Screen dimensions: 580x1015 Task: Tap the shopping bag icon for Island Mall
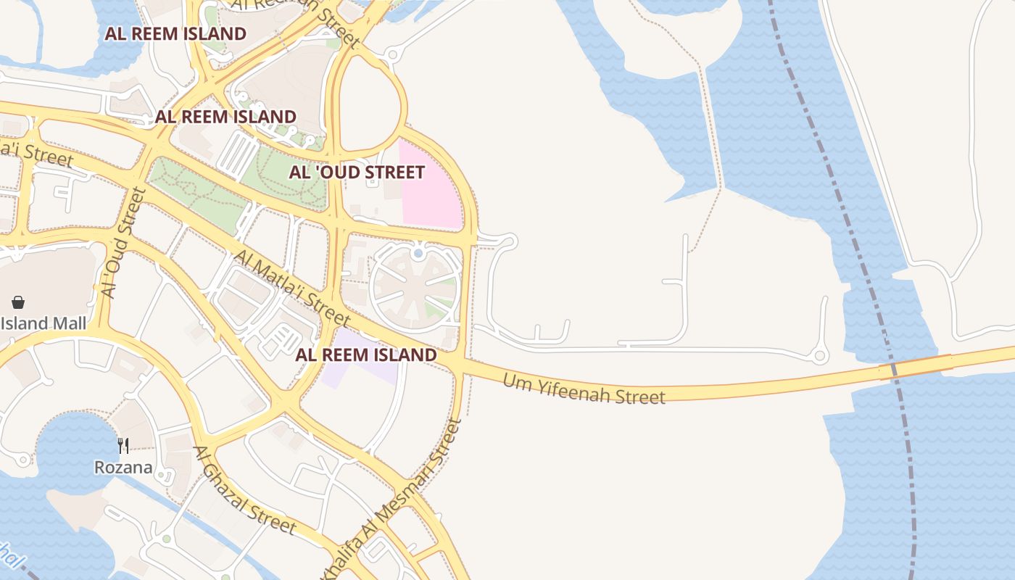click(x=18, y=302)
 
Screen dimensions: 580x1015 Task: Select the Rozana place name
click(x=123, y=468)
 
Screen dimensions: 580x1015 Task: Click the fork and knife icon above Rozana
click(x=124, y=445)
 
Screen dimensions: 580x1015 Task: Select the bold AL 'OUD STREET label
click(x=357, y=173)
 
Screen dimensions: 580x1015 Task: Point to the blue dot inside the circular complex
click(x=418, y=254)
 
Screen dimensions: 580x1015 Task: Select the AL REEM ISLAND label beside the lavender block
click(x=366, y=355)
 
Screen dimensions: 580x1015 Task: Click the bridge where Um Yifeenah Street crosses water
click(x=915, y=367)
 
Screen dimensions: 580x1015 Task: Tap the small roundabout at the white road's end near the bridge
click(x=820, y=356)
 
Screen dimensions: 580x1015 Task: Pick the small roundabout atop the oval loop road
click(x=394, y=54)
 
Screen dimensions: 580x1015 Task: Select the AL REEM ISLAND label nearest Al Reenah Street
click(x=175, y=33)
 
